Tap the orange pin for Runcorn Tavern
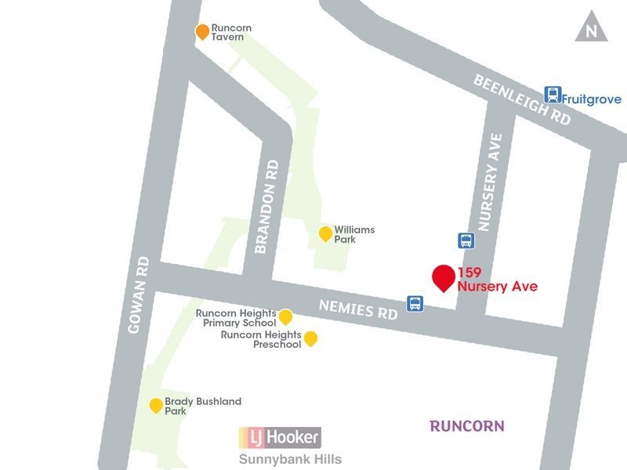tap(202, 31)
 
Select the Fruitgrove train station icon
tap(553, 95)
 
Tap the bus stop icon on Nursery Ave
tap(466, 240)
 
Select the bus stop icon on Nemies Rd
tap(415, 303)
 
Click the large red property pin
tap(444, 277)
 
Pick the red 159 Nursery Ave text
tap(498, 280)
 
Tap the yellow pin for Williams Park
tap(325, 233)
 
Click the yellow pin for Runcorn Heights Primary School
tap(286, 316)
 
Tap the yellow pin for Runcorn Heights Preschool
tap(310, 338)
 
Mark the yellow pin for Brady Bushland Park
tap(156, 405)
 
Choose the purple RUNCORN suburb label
tap(467, 426)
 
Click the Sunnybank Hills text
tap(290, 459)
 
